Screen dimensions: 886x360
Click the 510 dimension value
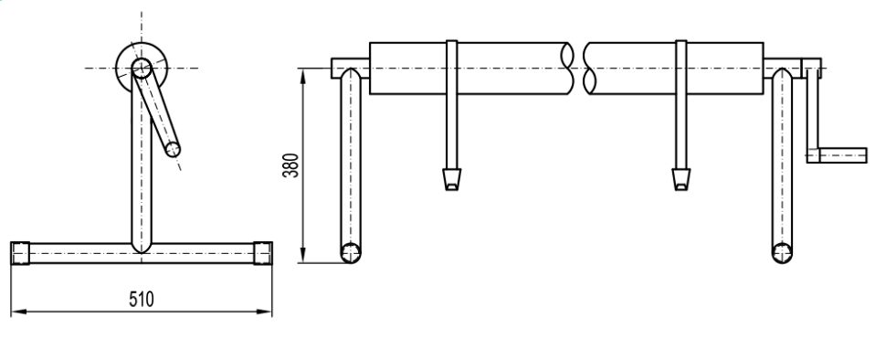click(142, 299)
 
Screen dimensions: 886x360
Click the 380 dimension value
click(290, 165)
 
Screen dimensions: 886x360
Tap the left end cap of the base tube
click(20, 252)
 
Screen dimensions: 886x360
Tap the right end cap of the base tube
click(263, 252)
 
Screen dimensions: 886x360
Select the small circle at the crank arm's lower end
click(173, 150)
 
